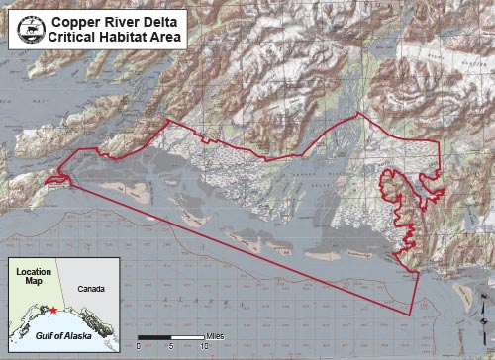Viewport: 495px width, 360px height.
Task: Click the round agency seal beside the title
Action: tap(31, 29)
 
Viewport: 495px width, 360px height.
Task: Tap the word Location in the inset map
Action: tap(33, 269)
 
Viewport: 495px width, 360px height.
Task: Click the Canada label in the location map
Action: tap(92, 289)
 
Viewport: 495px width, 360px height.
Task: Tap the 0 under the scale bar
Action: tap(139, 349)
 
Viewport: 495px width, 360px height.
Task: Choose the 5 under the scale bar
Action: tap(171, 349)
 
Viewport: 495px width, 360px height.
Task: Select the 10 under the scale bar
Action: tap(204, 349)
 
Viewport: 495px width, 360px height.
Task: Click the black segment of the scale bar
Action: tap(155, 340)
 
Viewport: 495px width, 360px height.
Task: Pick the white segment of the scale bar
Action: tap(188, 340)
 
